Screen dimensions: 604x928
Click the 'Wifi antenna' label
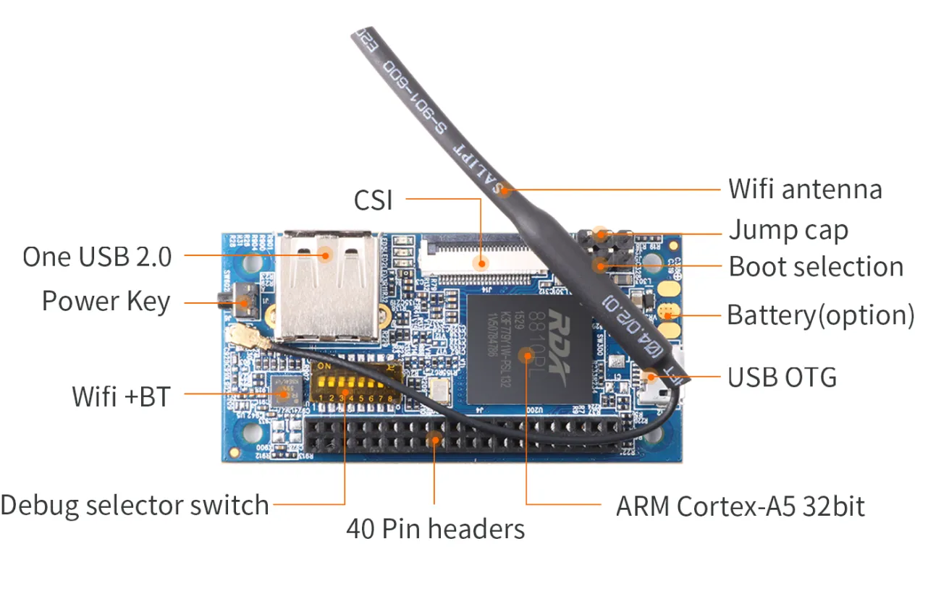tap(805, 190)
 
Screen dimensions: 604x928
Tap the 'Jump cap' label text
tap(788, 231)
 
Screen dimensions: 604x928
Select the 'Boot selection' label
tap(816, 267)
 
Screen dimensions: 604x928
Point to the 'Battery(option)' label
tap(820, 315)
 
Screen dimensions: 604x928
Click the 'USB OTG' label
tap(782, 377)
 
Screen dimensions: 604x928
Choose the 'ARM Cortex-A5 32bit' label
tap(740, 506)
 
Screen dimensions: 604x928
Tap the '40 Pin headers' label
tap(435, 529)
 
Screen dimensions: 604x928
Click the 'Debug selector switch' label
tap(135, 505)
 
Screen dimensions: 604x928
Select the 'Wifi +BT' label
tap(121, 396)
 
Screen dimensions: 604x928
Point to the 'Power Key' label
tap(106, 301)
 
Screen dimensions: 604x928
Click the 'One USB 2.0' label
tap(97, 257)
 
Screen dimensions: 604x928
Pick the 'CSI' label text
tap(373, 200)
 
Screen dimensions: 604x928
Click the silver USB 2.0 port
tap(330, 286)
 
